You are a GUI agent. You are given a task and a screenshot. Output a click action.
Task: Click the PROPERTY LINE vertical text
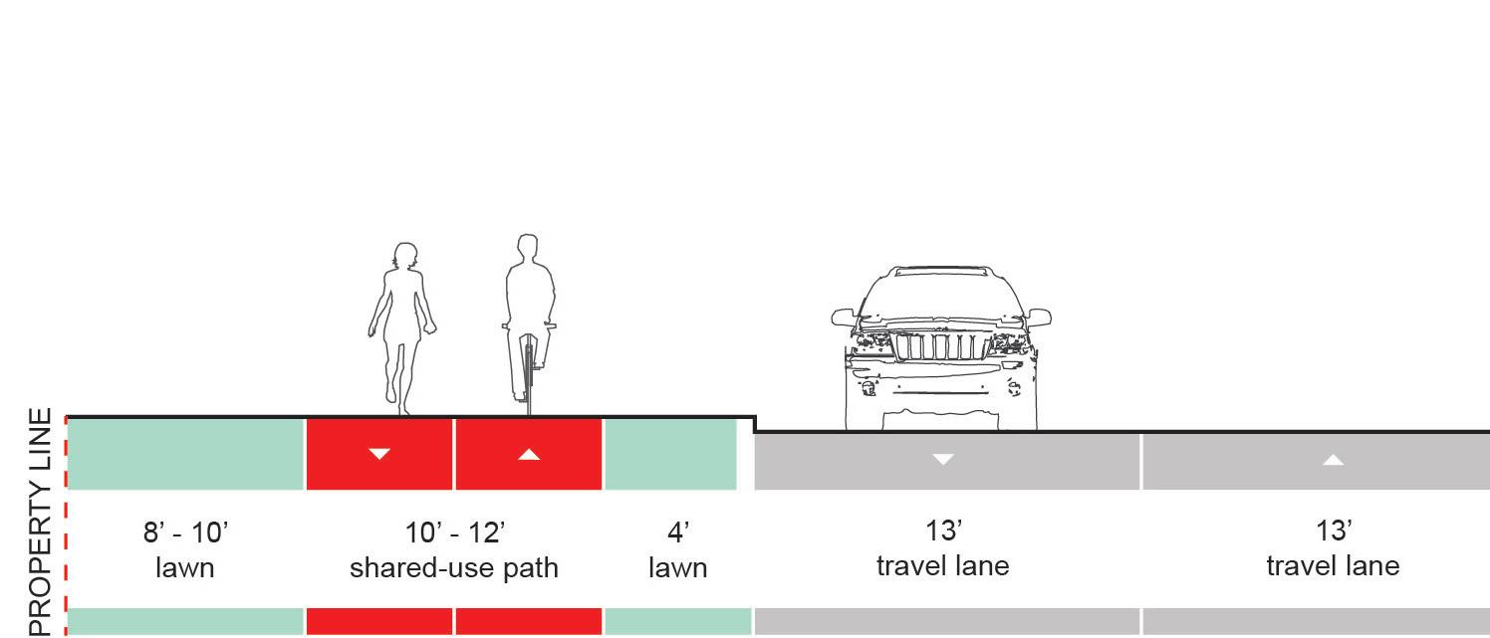tap(40, 521)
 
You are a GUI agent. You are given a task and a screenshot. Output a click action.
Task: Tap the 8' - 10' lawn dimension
tap(185, 533)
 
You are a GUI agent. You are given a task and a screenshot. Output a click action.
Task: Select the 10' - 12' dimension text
tap(454, 533)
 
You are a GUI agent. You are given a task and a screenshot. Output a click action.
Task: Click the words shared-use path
tap(454, 568)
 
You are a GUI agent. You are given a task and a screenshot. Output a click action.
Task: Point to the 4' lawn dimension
tap(677, 533)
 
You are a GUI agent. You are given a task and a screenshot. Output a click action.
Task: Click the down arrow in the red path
tap(379, 454)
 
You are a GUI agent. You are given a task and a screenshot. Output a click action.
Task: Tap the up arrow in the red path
tap(529, 454)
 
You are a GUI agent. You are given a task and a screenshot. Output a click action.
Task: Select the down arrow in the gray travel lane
tap(942, 459)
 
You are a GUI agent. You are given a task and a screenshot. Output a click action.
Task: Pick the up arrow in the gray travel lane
tap(1333, 459)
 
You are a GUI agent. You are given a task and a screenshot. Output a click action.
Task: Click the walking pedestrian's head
tap(404, 256)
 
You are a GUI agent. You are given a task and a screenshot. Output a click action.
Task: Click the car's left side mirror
tap(844, 318)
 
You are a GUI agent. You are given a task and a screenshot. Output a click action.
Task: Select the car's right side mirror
tap(1039, 318)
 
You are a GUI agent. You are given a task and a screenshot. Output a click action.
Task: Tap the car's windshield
tap(941, 294)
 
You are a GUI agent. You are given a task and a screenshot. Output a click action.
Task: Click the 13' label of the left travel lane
tap(942, 532)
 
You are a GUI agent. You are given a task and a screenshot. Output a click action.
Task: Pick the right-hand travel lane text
tap(1333, 566)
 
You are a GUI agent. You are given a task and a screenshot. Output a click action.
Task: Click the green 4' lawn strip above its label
tap(670, 454)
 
